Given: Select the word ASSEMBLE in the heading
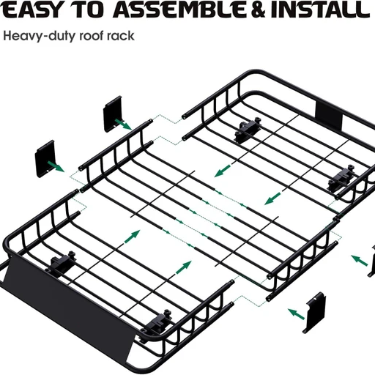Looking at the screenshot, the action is coord(179,10).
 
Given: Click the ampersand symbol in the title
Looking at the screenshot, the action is coord(259,10).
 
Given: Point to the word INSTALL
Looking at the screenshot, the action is coord(320,10).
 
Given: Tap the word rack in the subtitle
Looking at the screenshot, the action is coord(121,36).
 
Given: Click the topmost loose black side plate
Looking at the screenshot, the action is coord(113,114).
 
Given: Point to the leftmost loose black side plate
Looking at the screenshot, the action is coord(45,158).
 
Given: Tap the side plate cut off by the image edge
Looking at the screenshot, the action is coord(371,261).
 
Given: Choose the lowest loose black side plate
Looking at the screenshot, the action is coord(314,312).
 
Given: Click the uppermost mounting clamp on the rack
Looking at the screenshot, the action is coord(248,130).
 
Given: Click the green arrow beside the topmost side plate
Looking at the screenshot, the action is coord(123,125).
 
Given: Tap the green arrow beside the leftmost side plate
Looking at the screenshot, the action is coord(56,166).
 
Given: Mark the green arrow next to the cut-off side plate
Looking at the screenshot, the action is coord(359,260).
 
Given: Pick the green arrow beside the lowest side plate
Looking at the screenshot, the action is coord(297,314).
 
